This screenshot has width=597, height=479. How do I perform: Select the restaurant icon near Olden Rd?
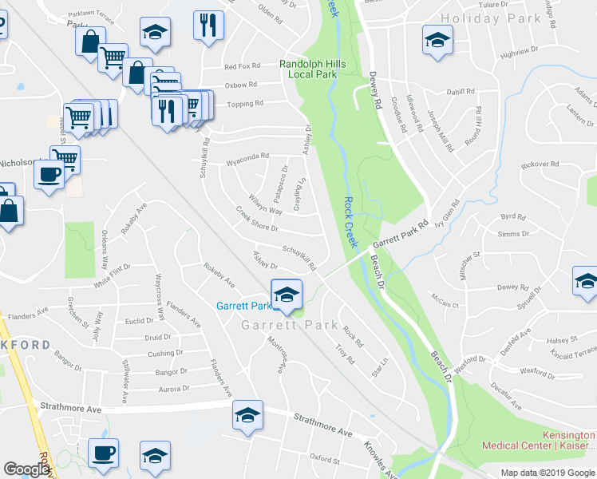[x=208, y=25]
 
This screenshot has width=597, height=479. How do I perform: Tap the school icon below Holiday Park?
[x=437, y=40]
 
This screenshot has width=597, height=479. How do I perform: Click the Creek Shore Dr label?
[x=256, y=221]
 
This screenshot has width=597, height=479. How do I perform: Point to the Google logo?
[x=26, y=469]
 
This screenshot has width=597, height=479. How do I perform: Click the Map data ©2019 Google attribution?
[x=548, y=473]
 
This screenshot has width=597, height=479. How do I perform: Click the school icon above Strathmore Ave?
[x=247, y=415]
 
